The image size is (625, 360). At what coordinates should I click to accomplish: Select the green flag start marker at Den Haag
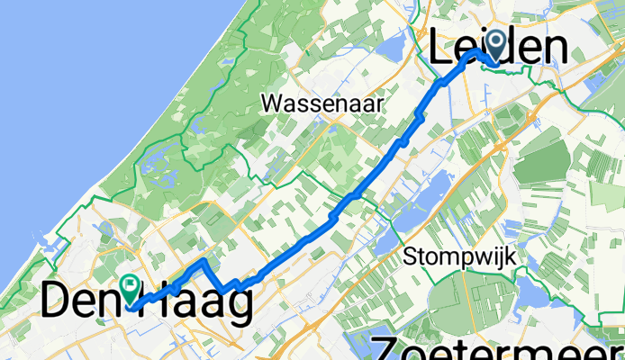tap(131, 289)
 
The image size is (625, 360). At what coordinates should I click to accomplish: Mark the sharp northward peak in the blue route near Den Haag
tap(204, 261)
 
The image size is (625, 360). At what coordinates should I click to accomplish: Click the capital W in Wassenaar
tap(271, 103)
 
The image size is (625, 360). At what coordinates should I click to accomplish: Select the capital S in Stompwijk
tap(411, 256)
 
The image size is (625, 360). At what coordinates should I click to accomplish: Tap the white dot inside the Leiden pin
tap(496, 40)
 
